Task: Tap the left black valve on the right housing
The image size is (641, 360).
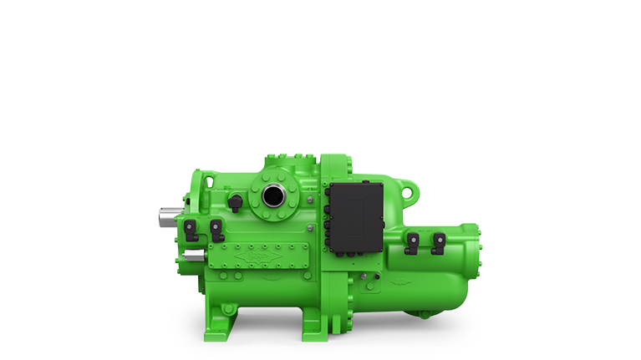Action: tap(411, 242)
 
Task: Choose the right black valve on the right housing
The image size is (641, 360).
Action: tap(436, 242)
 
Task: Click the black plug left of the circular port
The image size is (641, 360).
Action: tap(237, 200)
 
